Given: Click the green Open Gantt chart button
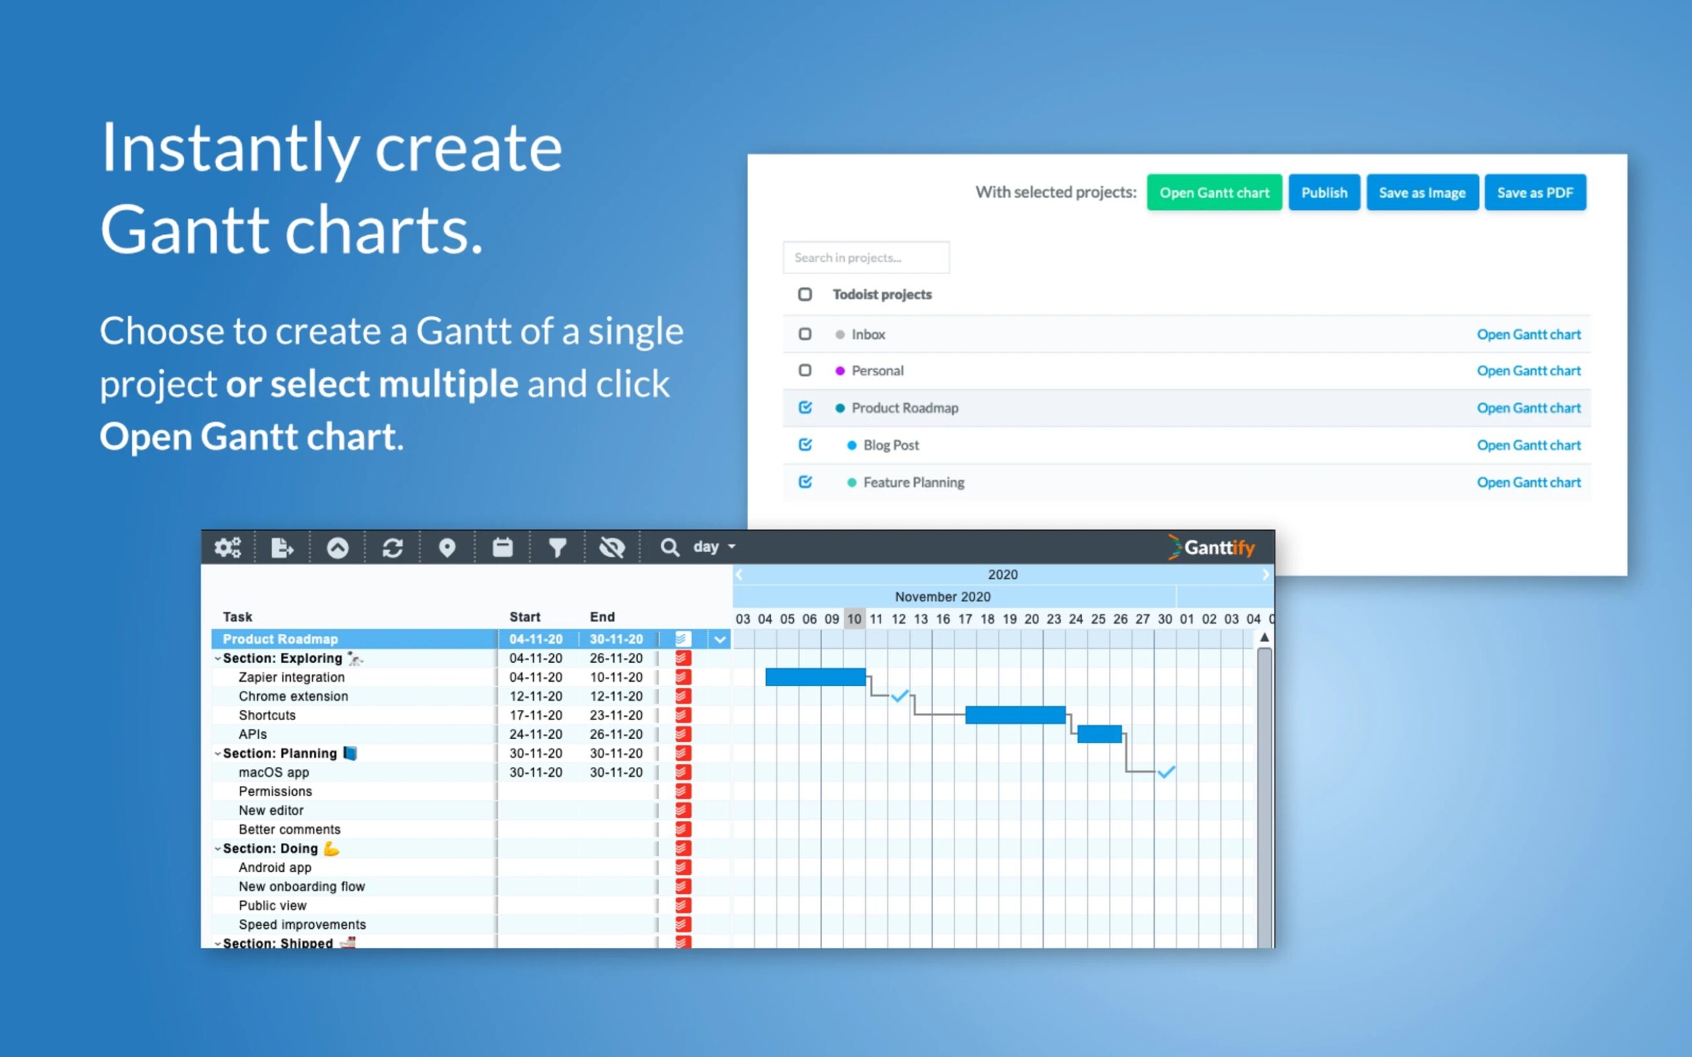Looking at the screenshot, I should point(1213,192).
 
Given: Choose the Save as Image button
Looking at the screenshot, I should point(1422,192).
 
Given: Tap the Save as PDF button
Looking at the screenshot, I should point(1535,192).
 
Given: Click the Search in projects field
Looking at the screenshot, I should point(866,257).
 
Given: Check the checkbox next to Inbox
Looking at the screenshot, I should point(805,334).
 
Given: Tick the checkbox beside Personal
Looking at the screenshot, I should point(805,371).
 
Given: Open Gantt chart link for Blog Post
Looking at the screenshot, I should point(1528,445).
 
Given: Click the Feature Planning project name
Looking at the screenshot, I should point(913,482).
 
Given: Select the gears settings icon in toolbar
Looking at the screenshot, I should point(228,548).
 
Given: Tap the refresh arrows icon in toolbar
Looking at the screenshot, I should point(392,548).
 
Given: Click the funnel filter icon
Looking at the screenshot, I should point(557,548).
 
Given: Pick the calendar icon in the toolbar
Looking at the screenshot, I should point(502,548).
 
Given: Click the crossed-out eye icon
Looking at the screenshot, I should point(612,548).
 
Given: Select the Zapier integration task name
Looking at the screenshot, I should point(291,677).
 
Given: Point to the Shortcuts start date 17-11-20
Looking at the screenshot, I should point(535,715).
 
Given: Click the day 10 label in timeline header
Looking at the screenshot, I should point(854,620).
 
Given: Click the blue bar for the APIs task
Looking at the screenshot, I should point(1099,734).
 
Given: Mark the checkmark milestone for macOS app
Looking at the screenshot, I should point(1165,772).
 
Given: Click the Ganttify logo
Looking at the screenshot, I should point(1211,548).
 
